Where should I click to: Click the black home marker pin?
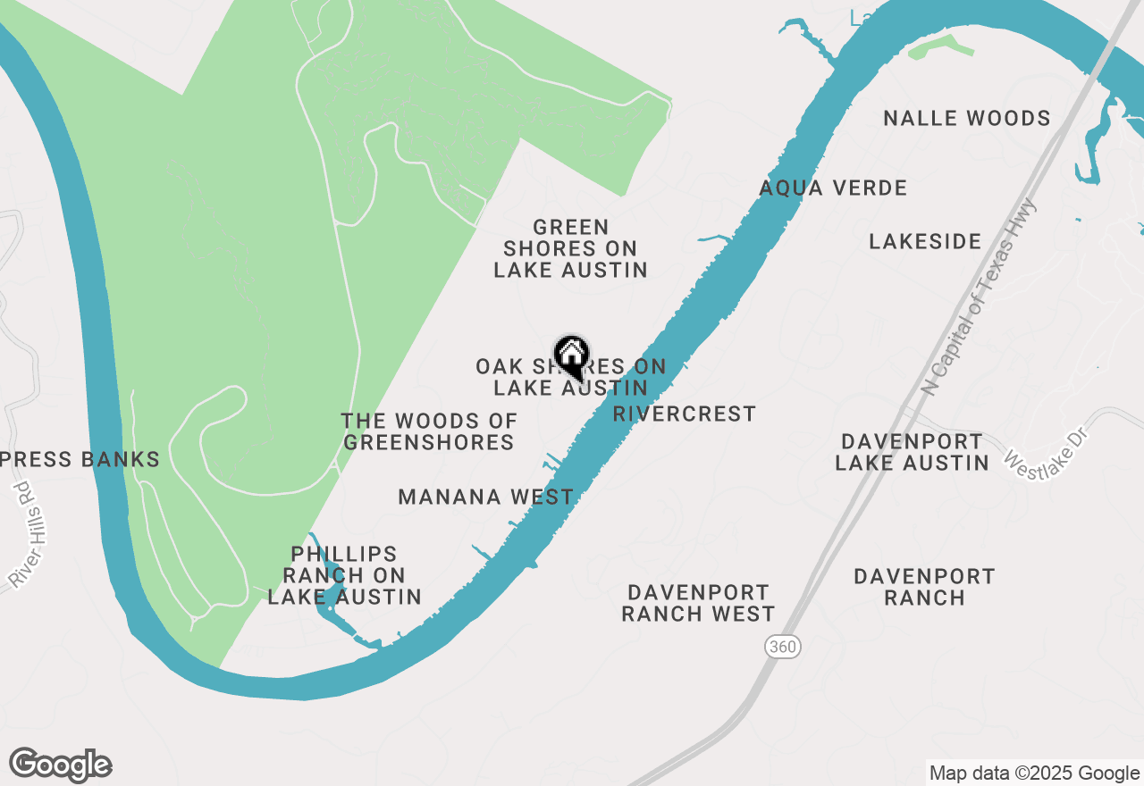(x=571, y=356)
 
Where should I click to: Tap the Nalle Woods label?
(x=966, y=119)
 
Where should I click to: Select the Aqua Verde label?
(x=833, y=188)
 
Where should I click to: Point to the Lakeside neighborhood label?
(x=925, y=241)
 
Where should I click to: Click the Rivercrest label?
(x=685, y=414)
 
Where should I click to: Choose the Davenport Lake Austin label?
(x=912, y=452)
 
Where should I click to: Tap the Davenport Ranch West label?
(x=698, y=603)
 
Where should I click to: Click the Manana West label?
(x=486, y=498)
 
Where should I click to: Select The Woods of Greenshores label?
(x=429, y=431)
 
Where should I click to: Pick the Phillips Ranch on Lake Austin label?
(x=344, y=575)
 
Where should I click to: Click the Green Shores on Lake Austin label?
(x=570, y=248)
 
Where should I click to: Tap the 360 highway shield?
(x=782, y=647)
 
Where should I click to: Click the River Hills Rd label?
(x=29, y=535)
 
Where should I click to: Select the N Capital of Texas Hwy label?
(x=980, y=297)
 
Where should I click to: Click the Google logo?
(x=61, y=765)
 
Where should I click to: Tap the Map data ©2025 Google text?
(x=1033, y=773)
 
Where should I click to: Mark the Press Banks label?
(x=80, y=460)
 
